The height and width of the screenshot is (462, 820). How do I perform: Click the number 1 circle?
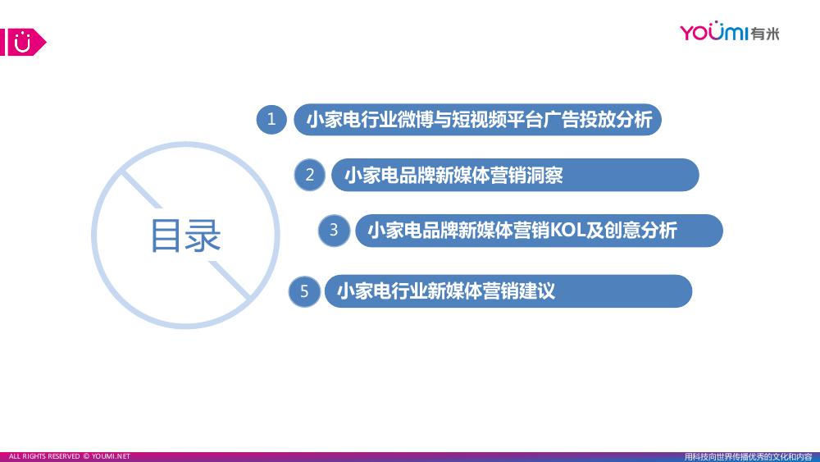pyautogui.click(x=271, y=119)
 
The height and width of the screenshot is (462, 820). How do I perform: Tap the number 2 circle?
pyautogui.click(x=310, y=175)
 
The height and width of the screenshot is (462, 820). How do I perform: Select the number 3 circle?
pyautogui.click(x=334, y=231)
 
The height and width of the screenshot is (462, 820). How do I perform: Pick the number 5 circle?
pyautogui.click(x=304, y=291)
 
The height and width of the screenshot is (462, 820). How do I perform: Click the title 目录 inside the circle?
pyautogui.click(x=185, y=236)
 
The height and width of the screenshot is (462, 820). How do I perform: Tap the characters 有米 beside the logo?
pyautogui.click(x=765, y=34)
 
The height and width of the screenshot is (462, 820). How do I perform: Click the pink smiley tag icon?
pyautogui.click(x=23, y=42)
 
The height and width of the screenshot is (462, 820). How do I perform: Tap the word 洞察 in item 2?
pyautogui.click(x=545, y=176)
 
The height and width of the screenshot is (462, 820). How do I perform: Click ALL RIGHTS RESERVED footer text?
pyautogui.click(x=44, y=456)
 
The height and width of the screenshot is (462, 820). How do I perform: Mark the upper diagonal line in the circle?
pyautogui.click(x=142, y=190)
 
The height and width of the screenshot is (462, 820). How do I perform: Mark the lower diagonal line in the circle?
pyautogui.click(x=230, y=280)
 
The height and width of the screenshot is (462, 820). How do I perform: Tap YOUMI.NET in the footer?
pyautogui.click(x=111, y=456)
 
